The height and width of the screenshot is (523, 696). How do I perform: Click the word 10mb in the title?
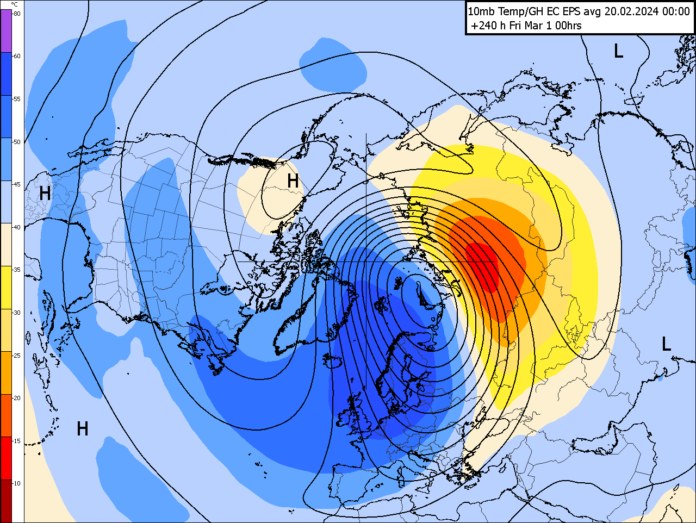click(x=479, y=11)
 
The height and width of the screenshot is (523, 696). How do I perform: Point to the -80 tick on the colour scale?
click(x=17, y=14)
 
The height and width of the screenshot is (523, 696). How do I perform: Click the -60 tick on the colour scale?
click(x=17, y=56)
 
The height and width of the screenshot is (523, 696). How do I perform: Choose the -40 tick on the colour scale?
click(x=17, y=227)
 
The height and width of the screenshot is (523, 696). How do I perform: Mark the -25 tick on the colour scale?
click(x=17, y=356)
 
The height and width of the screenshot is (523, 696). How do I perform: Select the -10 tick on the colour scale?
click(x=17, y=483)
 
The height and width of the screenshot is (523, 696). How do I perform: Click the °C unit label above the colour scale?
click(x=14, y=4)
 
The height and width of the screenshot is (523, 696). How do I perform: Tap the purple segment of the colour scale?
click(x=6, y=30)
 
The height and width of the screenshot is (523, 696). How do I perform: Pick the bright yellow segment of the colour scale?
click(x=6, y=287)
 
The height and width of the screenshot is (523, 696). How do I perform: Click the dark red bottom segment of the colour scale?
click(x=6, y=500)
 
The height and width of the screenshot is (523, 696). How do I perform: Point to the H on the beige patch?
click(x=293, y=181)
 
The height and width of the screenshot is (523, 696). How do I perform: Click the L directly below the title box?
click(x=618, y=51)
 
